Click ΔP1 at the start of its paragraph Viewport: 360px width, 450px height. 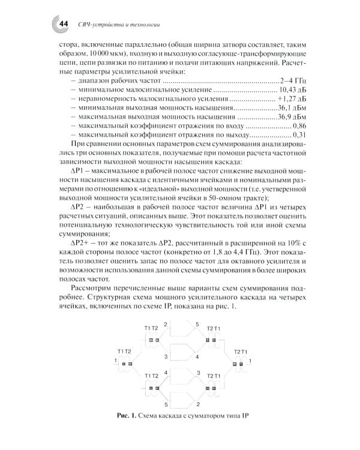(x=80, y=171)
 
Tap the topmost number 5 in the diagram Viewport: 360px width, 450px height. (x=197, y=323)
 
